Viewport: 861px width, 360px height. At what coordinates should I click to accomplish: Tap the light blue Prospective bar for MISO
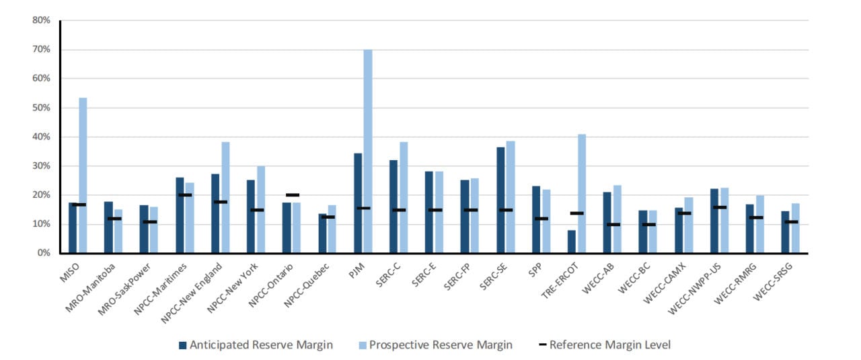coord(83,176)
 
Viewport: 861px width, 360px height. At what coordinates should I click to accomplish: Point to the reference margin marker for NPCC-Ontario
coord(292,195)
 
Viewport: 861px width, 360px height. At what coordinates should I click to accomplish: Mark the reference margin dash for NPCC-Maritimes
coord(185,195)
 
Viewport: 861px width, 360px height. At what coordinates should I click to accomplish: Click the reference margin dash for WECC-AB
coord(612,224)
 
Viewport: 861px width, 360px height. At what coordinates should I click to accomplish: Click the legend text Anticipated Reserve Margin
coord(261,345)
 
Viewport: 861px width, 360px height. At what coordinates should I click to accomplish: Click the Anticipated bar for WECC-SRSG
coord(785,232)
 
